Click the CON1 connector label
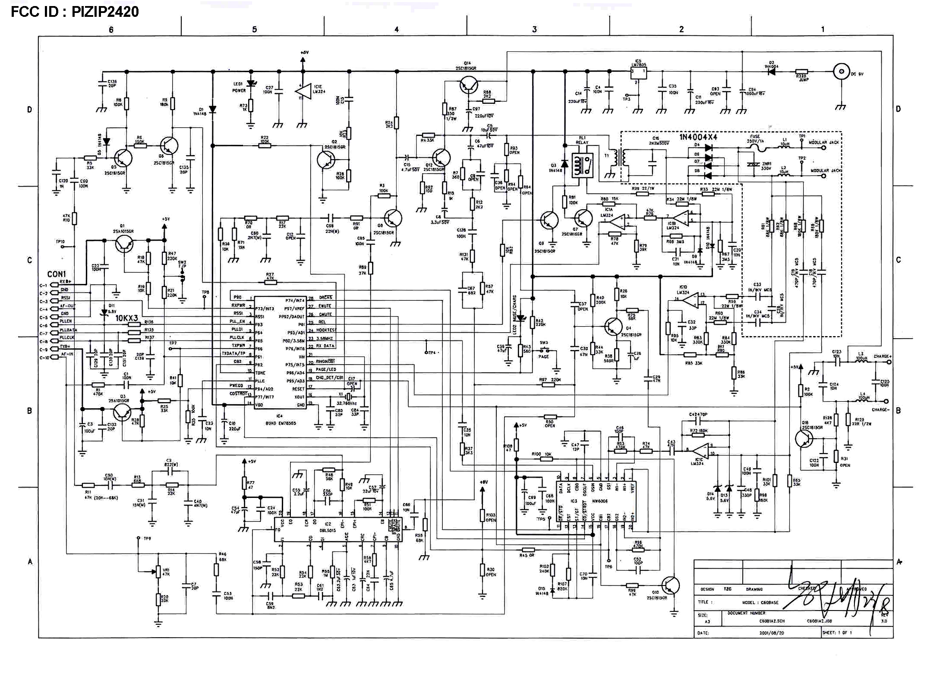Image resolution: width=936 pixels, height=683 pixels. pos(57,274)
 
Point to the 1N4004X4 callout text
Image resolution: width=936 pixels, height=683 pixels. pos(698,137)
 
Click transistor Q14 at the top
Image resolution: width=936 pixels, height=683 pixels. pos(468,85)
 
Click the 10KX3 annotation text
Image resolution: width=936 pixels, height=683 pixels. pos(126,318)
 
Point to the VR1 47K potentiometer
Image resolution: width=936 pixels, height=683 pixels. pos(158,573)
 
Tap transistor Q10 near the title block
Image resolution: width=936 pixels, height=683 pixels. pos(670,585)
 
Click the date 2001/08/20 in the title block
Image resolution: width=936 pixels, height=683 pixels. pos(772,633)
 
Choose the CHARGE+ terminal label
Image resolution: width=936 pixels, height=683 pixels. pos(882,356)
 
